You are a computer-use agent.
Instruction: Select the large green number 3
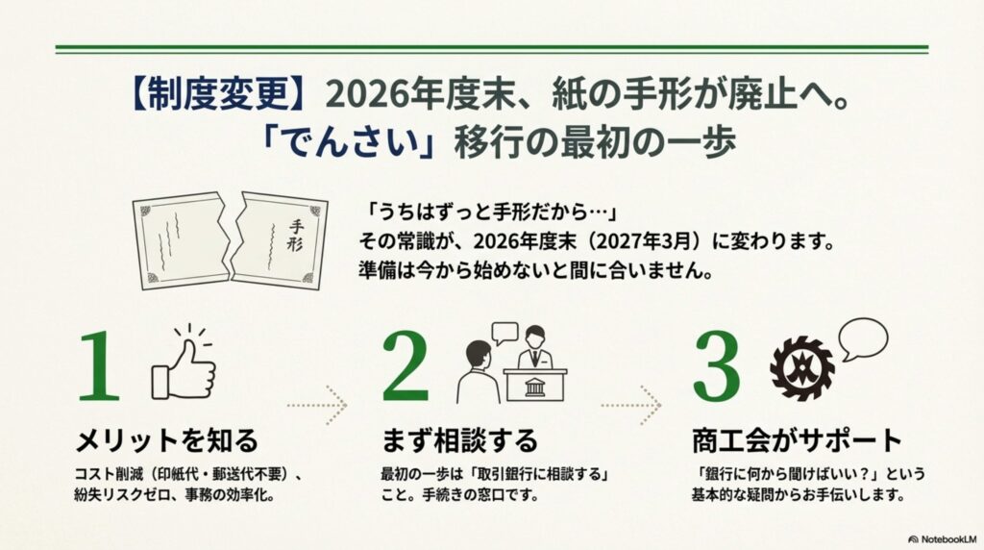(716, 366)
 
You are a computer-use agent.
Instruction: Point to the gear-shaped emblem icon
(802, 368)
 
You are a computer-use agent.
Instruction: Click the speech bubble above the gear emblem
(864, 338)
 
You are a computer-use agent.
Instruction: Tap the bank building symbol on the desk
(534, 387)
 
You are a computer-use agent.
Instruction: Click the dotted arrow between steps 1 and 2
(317, 406)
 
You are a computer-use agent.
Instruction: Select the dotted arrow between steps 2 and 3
(630, 406)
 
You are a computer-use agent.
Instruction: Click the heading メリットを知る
(167, 440)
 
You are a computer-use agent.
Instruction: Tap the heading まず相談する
(460, 440)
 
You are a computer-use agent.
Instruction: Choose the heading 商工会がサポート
(797, 440)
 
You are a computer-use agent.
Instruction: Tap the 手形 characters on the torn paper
(295, 236)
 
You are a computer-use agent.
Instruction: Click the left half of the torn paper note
(182, 240)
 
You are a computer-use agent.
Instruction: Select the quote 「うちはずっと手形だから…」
(489, 212)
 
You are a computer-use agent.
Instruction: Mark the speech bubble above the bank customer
(504, 333)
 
